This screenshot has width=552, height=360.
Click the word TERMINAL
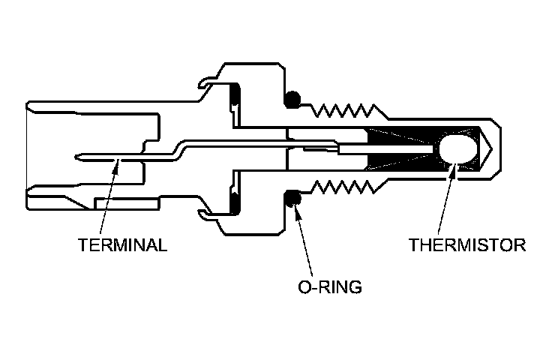(122, 245)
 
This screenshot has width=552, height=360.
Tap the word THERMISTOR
(467, 245)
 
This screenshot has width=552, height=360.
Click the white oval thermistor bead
(457, 148)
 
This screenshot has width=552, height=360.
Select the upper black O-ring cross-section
(293, 98)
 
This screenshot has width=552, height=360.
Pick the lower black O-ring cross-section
(293, 199)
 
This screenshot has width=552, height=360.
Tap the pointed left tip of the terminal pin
(79, 157)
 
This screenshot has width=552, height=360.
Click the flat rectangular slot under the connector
(126, 204)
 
